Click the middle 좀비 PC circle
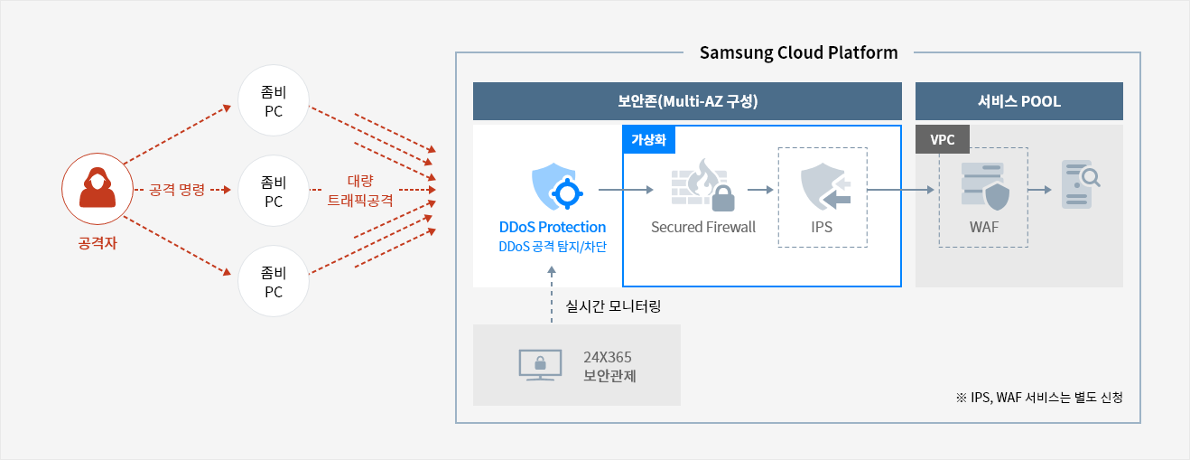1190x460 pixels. pyautogui.click(x=273, y=191)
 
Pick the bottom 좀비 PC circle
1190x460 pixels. pyautogui.click(x=273, y=281)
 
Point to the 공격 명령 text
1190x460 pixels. pyautogui.click(x=177, y=191)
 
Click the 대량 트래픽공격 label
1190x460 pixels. pyautogui.click(x=359, y=191)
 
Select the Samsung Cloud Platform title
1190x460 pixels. pyautogui.click(x=798, y=52)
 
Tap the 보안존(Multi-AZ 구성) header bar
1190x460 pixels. pyautogui.click(x=687, y=101)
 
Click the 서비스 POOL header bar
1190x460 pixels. pyautogui.click(x=1018, y=101)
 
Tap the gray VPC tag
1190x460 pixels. pyautogui.click(x=942, y=139)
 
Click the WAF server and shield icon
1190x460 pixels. pyautogui.click(x=983, y=187)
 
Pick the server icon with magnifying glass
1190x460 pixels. pyautogui.click(x=1080, y=183)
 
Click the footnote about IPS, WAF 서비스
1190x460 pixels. pyautogui.click(x=1038, y=397)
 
